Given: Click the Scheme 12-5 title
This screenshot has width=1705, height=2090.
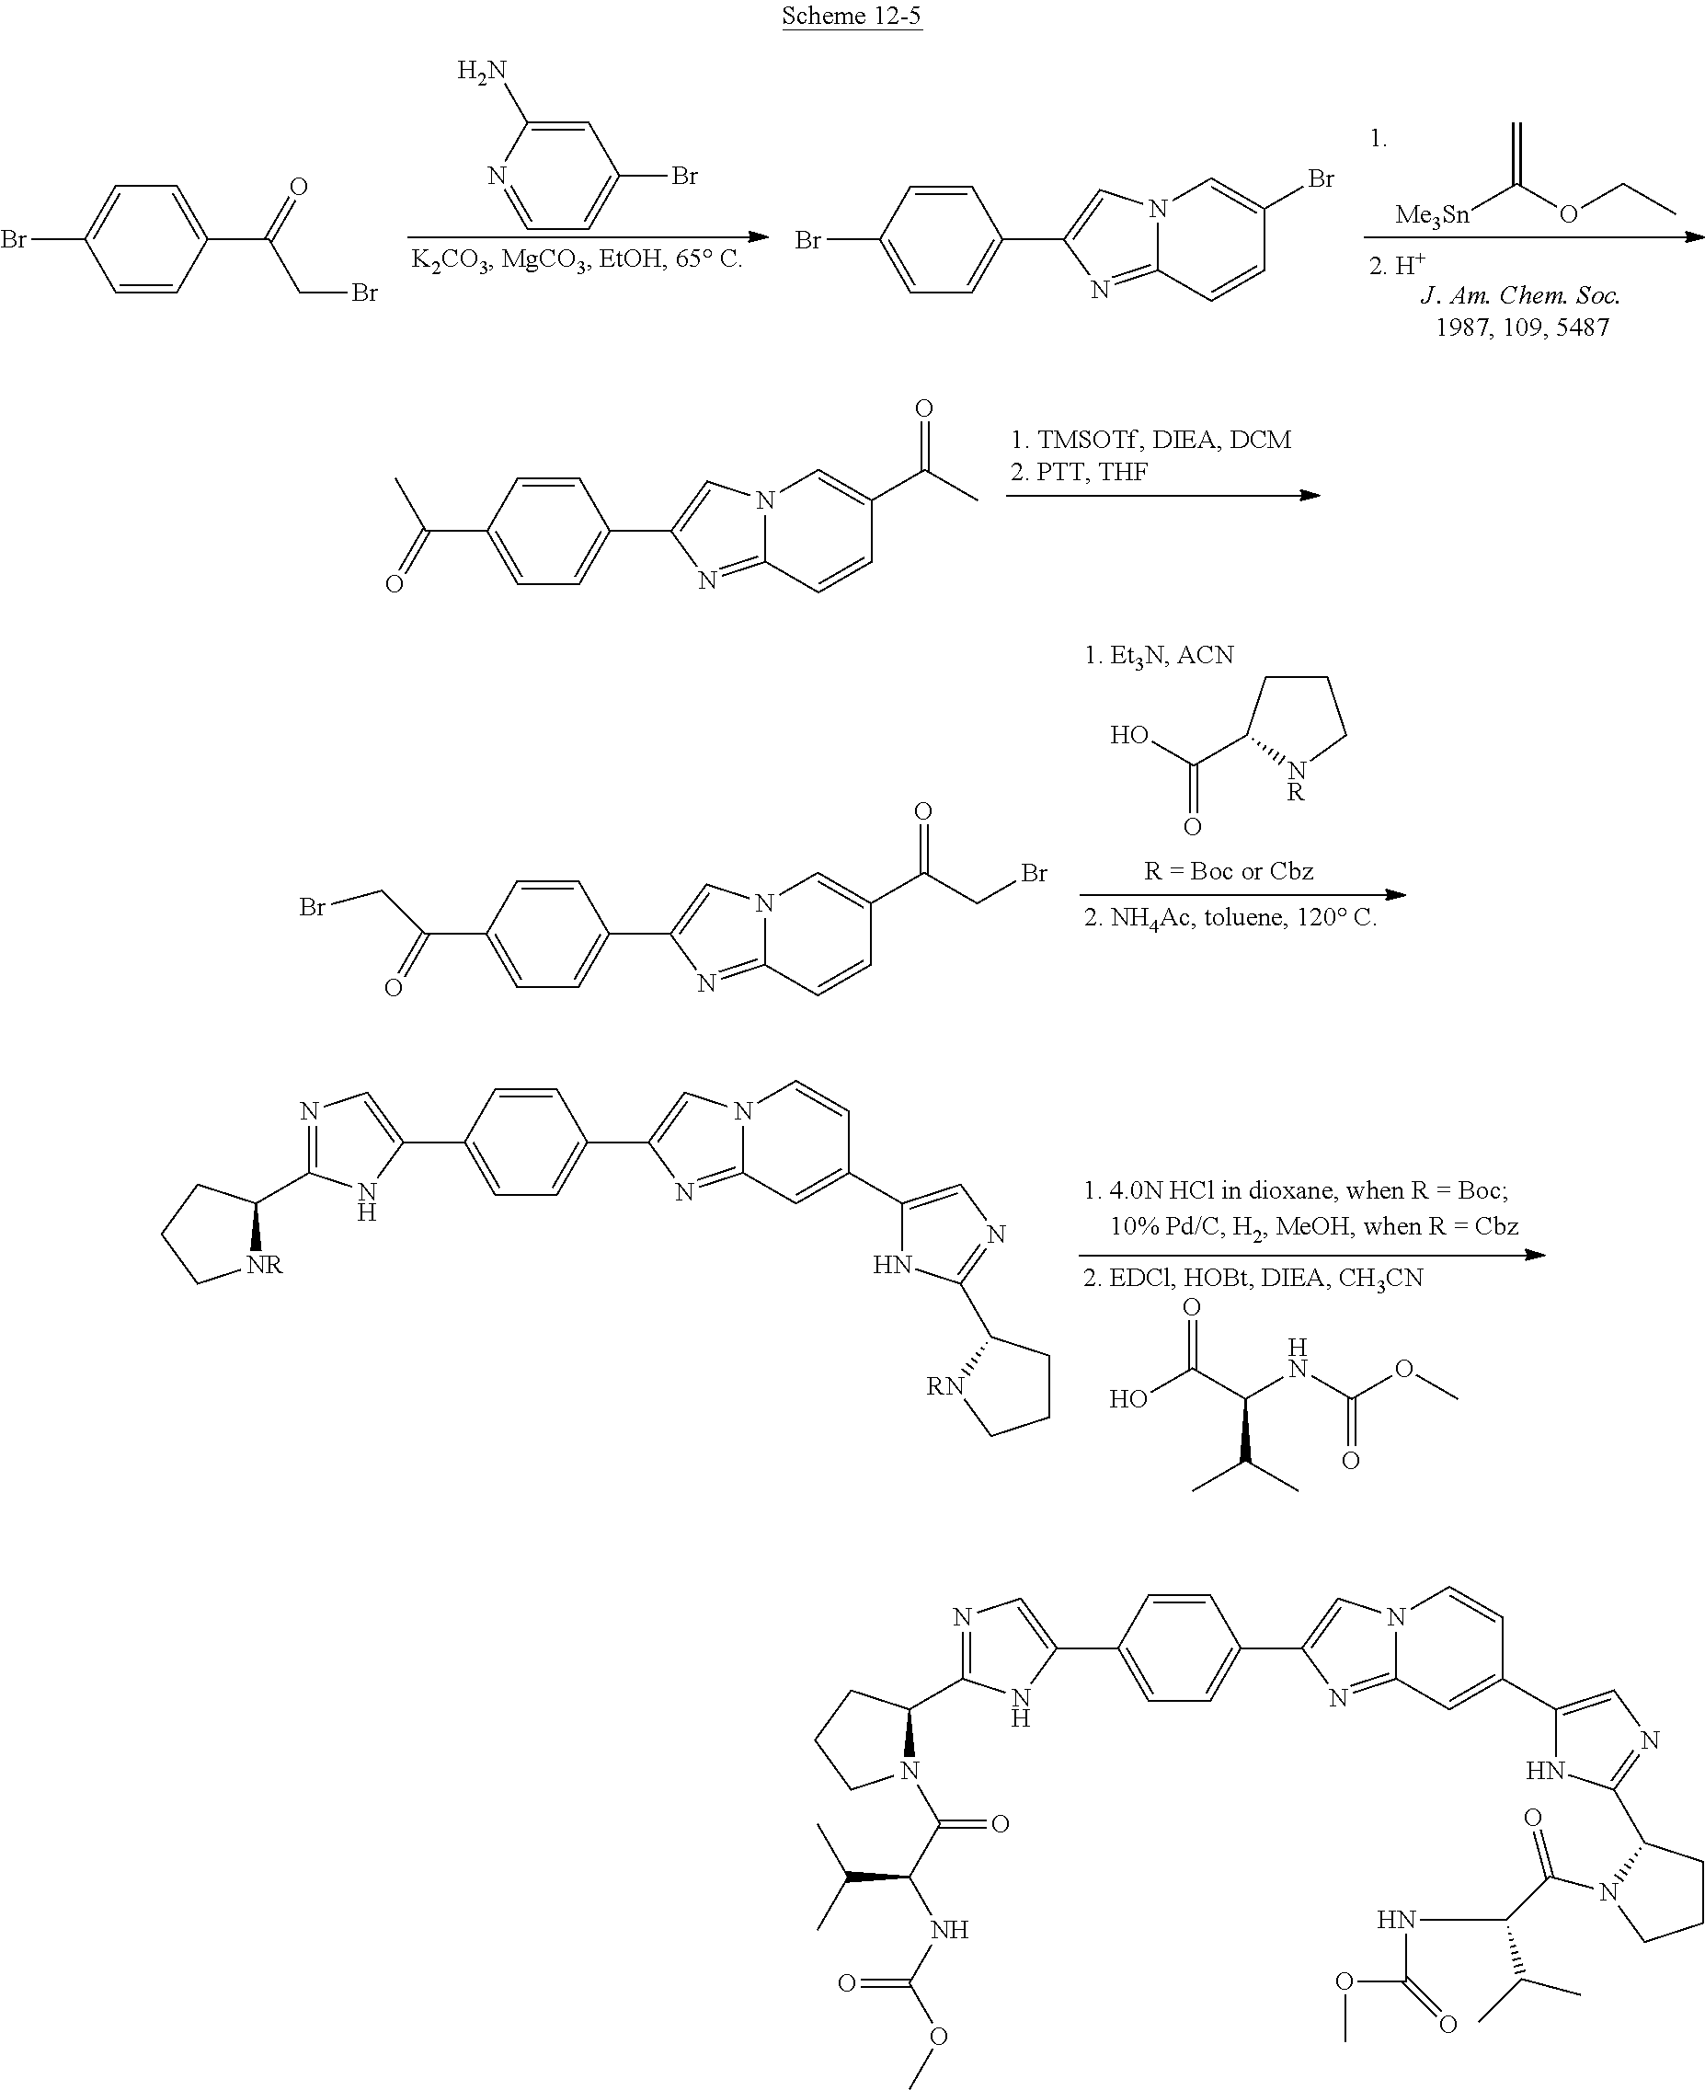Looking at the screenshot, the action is [852, 16].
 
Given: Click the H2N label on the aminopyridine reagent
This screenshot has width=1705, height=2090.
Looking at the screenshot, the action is [482, 71].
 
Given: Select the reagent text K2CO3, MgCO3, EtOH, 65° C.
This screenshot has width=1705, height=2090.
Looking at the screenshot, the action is [577, 260].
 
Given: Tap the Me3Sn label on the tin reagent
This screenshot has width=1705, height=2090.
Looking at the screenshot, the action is [1432, 215].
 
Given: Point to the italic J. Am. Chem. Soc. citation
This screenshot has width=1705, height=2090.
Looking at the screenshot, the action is [1520, 294].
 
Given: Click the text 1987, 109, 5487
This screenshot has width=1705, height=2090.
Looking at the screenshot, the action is [1522, 327].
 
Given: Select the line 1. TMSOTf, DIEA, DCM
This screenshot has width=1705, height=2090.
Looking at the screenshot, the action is [1151, 439].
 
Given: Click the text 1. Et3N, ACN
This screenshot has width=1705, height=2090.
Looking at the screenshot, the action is [1159, 655].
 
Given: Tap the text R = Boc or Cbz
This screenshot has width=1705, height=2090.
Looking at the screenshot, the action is [1229, 870].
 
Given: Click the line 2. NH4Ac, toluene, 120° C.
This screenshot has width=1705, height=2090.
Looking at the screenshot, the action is [1230, 918].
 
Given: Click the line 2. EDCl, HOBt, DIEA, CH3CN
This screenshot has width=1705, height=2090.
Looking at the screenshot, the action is [1253, 1278].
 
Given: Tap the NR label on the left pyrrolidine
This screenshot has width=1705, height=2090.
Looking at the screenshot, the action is [264, 1265].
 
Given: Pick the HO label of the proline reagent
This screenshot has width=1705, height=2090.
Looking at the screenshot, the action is [1129, 735].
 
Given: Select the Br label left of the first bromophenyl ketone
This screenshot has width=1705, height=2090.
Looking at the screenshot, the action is [14, 238].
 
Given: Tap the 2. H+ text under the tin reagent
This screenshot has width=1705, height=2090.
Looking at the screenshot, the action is [1397, 264].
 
